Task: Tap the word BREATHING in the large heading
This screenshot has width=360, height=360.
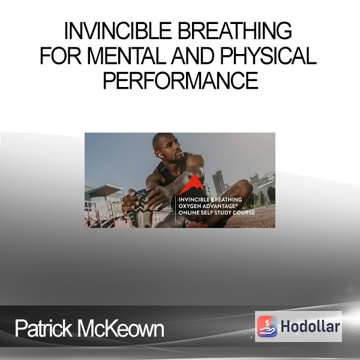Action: pyautogui.click(x=235, y=31)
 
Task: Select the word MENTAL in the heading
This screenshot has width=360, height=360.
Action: pyautogui.click(x=127, y=56)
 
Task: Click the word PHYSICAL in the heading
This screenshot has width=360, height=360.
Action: pyautogui.click(x=268, y=56)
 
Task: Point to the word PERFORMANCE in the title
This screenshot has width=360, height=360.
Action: pyautogui.click(x=181, y=80)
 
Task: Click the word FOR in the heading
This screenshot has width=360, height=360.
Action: pyautogui.click(x=61, y=56)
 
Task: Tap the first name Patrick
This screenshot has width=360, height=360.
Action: pyautogui.click(x=43, y=328)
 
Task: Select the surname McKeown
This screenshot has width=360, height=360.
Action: pyautogui.click(x=121, y=328)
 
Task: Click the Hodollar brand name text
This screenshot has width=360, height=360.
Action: pyautogui.click(x=310, y=326)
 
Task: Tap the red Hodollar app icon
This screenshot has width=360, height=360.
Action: pyautogui.click(x=267, y=326)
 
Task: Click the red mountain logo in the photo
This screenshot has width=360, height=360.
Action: pyautogui.click(x=193, y=184)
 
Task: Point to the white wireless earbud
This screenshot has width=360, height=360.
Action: pyautogui.click(x=161, y=156)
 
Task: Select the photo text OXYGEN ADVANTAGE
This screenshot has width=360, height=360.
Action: pyautogui.click(x=207, y=206)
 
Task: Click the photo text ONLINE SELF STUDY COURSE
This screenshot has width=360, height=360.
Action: pyautogui.click(x=217, y=212)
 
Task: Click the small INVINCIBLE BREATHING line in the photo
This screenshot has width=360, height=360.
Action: pyautogui.click(x=210, y=200)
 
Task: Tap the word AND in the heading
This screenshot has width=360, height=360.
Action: pyautogui.click(x=193, y=56)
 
